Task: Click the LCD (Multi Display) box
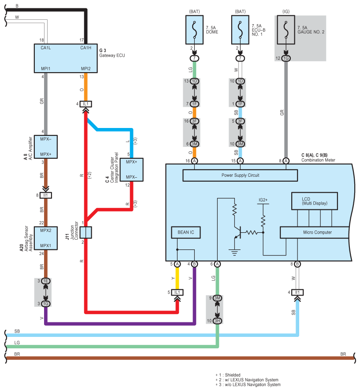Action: click(315, 201)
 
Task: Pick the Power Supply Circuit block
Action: click(240, 175)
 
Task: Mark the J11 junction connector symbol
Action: click(88, 232)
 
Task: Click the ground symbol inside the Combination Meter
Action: click(234, 252)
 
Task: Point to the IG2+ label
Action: click(263, 200)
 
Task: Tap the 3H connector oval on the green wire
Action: click(217, 321)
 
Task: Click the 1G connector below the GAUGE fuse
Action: click(286, 58)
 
